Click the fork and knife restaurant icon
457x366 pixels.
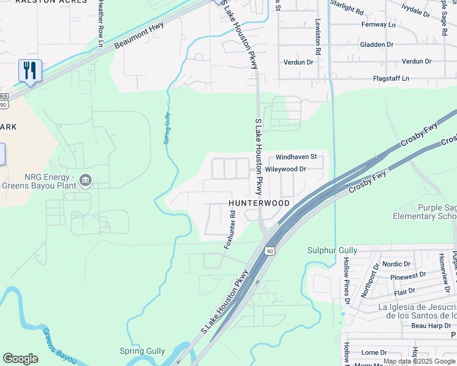point(29,71)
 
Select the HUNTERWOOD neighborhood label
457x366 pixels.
point(258,203)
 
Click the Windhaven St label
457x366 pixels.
point(296,157)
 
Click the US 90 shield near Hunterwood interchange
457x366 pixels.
point(269,251)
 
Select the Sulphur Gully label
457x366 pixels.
point(331,250)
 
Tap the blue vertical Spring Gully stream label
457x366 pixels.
point(166,129)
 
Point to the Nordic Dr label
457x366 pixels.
point(396,264)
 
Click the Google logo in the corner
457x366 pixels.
point(20,359)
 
